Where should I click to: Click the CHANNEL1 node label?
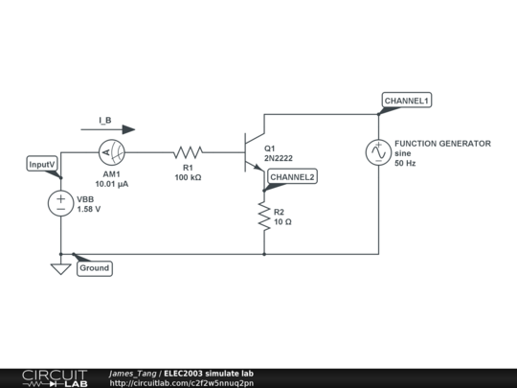coord(407,101)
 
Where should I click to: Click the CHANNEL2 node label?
coord(292,177)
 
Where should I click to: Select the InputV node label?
coord(43,165)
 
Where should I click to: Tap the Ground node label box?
coord(94,268)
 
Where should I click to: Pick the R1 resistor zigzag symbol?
coord(189,151)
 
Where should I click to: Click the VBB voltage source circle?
coord(60,204)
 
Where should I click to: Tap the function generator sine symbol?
coord(378,151)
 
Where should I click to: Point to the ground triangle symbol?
coord(60,269)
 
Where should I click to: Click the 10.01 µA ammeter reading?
coord(113,183)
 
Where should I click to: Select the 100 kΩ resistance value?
coord(187,177)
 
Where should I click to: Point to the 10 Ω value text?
coord(283,222)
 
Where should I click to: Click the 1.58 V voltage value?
coord(89,209)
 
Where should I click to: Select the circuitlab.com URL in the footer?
coord(182,383)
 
